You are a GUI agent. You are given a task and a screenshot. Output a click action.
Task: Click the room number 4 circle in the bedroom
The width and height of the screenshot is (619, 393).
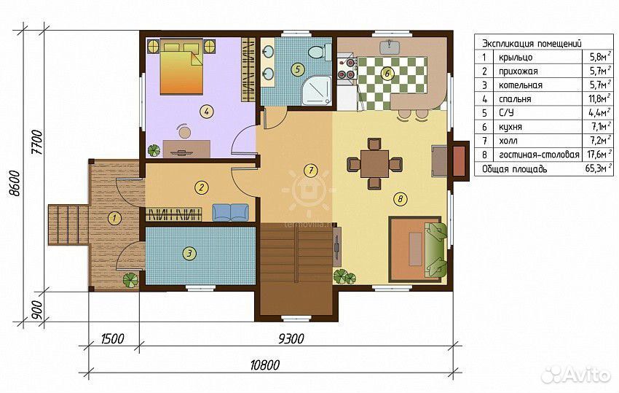pyautogui.click(x=206, y=112)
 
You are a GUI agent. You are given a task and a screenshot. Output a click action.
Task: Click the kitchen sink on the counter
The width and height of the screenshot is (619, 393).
pyautogui.click(x=390, y=47)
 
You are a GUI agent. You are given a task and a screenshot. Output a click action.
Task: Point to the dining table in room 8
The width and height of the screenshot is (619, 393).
pyautogui.click(x=374, y=163)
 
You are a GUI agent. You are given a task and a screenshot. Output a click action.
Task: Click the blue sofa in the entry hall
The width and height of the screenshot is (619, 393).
pyautogui.click(x=231, y=212)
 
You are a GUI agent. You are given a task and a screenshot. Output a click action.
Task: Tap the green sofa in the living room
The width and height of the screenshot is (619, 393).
pyautogui.click(x=435, y=249)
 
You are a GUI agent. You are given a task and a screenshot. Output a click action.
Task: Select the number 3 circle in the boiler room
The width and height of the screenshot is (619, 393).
pyautogui.click(x=190, y=253)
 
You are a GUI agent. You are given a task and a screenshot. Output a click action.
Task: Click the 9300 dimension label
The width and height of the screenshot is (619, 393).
pyautogui.click(x=291, y=339)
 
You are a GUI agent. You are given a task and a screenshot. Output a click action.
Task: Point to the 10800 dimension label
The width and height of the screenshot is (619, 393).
pyautogui.click(x=264, y=365)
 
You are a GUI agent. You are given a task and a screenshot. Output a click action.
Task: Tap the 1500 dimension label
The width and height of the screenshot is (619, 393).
pyautogui.click(x=112, y=339)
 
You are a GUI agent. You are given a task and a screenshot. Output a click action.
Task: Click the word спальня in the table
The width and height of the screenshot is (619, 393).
pyautogui.click(x=515, y=99)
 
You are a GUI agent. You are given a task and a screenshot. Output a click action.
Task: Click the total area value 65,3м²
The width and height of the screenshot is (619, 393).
pyautogui.click(x=599, y=169)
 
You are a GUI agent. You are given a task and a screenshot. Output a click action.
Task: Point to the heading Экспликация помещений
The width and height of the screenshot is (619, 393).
pyautogui.click(x=532, y=44)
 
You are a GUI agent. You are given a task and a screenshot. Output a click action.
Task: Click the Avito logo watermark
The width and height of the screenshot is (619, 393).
pyautogui.click(x=575, y=375)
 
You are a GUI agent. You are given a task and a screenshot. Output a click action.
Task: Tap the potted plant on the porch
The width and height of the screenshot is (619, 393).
pyautogui.click(x=130, y=280)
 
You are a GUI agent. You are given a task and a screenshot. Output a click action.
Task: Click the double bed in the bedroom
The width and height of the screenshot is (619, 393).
pyautogui.click(x=181, y=66)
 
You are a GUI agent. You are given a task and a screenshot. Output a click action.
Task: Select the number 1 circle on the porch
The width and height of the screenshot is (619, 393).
pyautogui.click(x=114, y=218)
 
